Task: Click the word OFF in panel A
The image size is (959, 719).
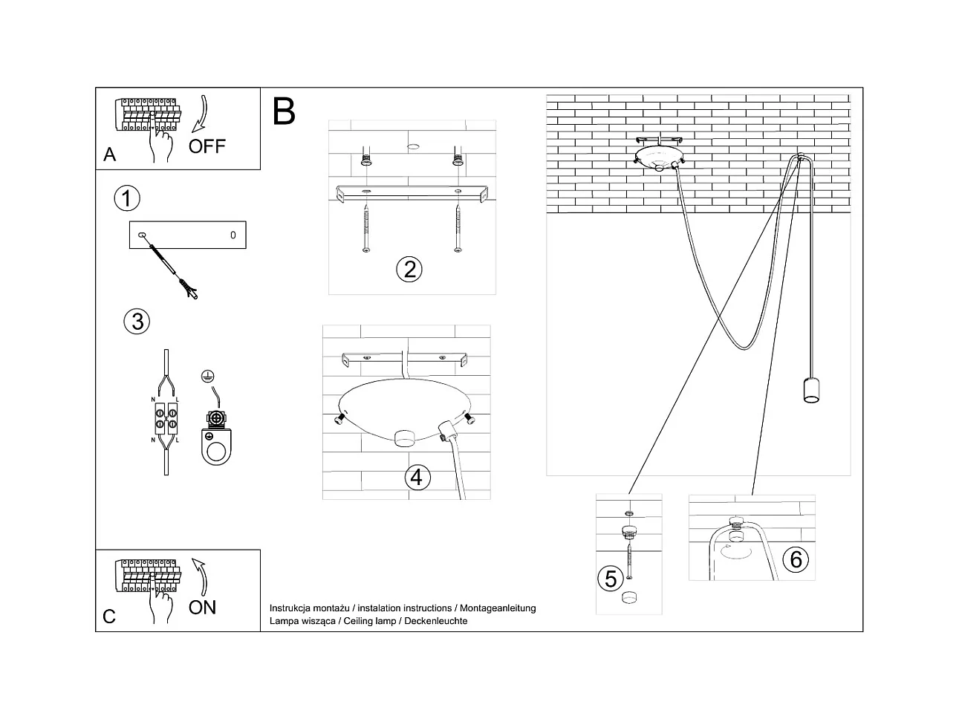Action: pyautogui.click(x=207, y=146)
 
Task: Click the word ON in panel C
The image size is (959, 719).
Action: pyautogui.click(x=202, y=608)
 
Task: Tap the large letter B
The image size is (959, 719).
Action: pyautogui.click(x=284, y=111)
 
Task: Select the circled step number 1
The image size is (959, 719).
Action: pyautogui.click(x=127, y=198)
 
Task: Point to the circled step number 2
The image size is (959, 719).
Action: pyautogui.click(x=409, y=268)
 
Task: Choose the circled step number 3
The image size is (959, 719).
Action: pyautogui.click(x=137, y=321)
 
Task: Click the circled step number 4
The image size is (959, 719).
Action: pyautogui.click(x=417, y=476)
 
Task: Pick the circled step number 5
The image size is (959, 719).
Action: pyautogui.click(x=611, y=578)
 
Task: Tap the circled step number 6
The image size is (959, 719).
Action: pyautogui.click(x=796, y=559)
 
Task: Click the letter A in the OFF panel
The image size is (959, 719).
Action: pyautogui.click(x=110, y=154)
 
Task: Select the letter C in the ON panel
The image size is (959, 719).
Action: pyautogui.click(x=109, y=616)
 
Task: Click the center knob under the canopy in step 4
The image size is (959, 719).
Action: pyautogui.click(x=406, y=437)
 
